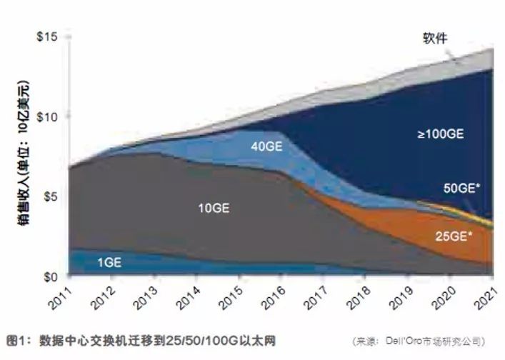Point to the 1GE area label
click(x=109, y=263)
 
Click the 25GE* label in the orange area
click(x=455, y=235)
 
